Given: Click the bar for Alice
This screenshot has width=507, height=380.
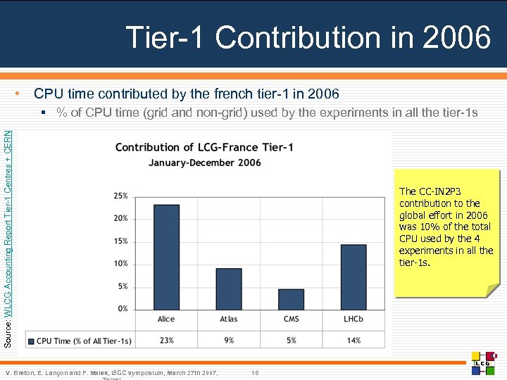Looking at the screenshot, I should point(166,257).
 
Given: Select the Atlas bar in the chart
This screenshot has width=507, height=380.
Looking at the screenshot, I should point(229,289).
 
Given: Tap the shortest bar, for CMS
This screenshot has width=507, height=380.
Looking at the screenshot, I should point(291,299).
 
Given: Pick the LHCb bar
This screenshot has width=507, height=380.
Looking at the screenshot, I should point(353,277).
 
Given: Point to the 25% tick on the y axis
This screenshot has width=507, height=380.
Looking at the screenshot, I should point(120,196).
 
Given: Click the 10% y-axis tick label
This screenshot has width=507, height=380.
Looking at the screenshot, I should point(120,264).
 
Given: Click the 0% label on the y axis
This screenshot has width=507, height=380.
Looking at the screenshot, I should point(123,309).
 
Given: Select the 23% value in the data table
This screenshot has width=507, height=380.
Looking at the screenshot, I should point(166,341).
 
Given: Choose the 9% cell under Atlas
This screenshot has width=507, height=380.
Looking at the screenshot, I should point(229,341).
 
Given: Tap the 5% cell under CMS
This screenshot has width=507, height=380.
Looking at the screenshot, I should point(291,341).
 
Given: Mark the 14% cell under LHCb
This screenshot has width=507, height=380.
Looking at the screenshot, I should point(353,341).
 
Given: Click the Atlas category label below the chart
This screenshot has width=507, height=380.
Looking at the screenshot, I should point(229,319).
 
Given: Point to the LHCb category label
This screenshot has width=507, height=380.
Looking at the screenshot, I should point(353,319).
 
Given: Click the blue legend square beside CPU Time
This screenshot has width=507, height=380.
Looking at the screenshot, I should point(31,341).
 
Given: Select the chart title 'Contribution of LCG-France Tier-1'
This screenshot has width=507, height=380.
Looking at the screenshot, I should point(204,147).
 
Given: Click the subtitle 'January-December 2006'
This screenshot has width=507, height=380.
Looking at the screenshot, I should point(204,163).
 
